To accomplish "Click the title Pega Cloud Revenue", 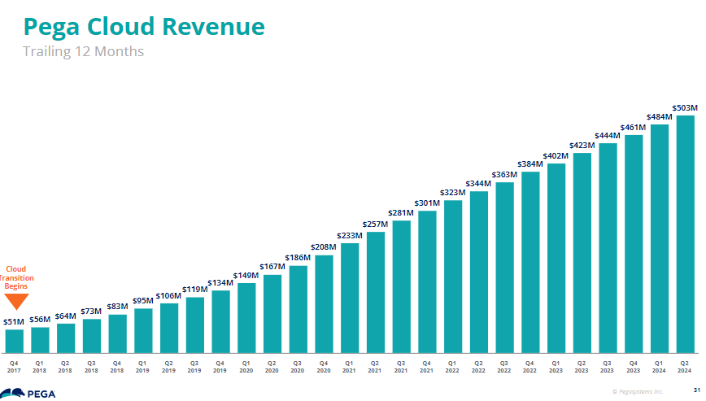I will [144, 27].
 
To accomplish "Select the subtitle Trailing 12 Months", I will [83, 52].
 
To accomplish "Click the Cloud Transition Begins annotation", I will [16, 277].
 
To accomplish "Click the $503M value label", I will [685, 107].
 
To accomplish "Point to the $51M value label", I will [14, 321].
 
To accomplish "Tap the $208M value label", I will [324, 247].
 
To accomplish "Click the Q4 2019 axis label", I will [220, 366].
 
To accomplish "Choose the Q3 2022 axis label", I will [504, 366].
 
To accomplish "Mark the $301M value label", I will [427, 203].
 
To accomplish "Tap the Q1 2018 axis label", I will [40, 366].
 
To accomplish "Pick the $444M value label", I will [608, 135].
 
